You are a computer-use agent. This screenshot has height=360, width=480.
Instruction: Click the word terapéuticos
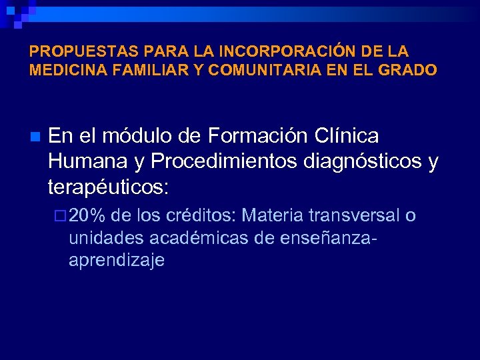point(109,187)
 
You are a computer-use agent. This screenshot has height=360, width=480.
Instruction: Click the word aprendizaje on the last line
point(116,261)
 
